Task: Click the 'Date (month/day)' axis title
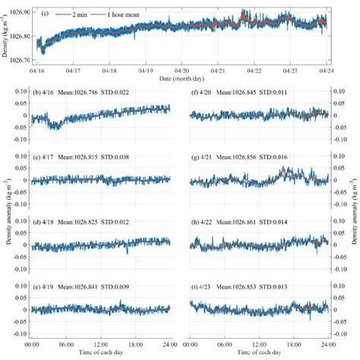coord(182,77)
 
